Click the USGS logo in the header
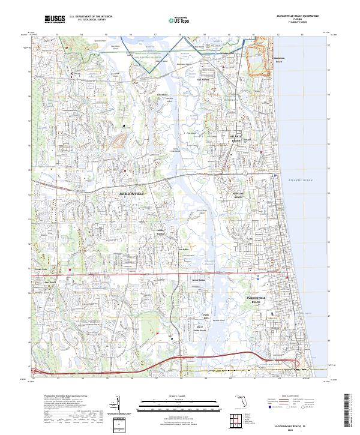54,19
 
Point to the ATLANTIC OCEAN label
300,180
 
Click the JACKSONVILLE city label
132,194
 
